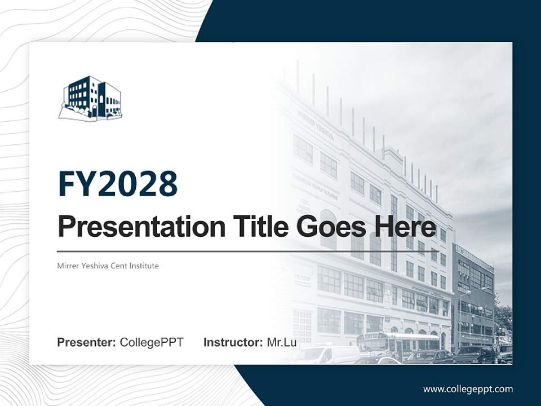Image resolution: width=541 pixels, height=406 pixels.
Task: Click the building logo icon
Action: (90, 98)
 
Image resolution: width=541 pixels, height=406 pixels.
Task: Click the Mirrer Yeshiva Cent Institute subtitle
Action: (108, 266)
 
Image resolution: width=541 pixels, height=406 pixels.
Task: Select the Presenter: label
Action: (86, 342)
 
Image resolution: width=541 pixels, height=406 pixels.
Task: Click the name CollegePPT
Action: (152, 342)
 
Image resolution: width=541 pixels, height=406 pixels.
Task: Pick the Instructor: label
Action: (233, 342)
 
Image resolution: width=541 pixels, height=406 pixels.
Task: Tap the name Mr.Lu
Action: (282, 342)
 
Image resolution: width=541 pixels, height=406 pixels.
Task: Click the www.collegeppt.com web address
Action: (468, 389)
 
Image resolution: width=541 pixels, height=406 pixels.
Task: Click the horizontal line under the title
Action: (248, 251)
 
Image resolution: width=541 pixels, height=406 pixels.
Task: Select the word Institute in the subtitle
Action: (143, 266)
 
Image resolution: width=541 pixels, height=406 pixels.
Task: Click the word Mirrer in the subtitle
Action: (67, 266)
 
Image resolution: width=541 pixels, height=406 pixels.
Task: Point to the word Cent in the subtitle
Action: (117, 266)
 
